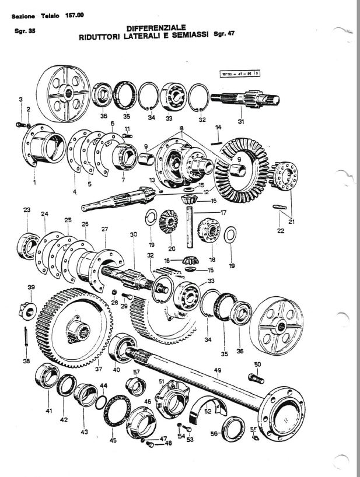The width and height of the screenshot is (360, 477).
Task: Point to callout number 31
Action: (240, 121)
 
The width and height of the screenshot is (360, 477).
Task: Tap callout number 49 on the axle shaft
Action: (217, 370)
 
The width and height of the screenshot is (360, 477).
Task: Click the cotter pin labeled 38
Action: (27, 340)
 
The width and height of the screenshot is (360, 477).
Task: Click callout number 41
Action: (48, 412)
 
